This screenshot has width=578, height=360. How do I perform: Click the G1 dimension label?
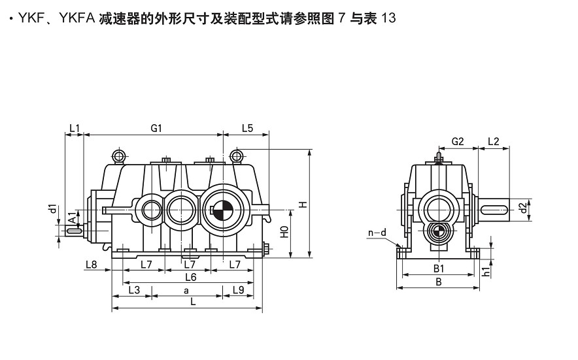pos(156,129)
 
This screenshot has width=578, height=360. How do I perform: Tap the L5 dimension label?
pos(246,129)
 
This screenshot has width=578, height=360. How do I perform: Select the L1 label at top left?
pos(74,129)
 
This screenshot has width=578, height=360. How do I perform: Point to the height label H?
pos(303,205)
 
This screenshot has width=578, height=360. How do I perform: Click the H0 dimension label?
pos(284,233)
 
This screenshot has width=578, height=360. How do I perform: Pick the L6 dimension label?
pos(190,277)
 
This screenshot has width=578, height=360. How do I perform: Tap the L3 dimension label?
pos(133,289)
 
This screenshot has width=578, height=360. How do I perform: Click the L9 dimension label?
pos(239,289)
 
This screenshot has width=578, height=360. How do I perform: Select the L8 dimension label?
pos(91,265)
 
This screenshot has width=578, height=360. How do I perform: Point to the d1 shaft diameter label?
pos(52,209)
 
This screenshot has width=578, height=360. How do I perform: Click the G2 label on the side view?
pos(458,141)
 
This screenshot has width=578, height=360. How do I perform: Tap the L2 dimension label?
pos(493,141)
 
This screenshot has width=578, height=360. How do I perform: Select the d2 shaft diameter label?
pos(521,208)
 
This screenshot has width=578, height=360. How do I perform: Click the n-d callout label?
pos(377,233)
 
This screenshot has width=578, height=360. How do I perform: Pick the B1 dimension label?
pos(439,269)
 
